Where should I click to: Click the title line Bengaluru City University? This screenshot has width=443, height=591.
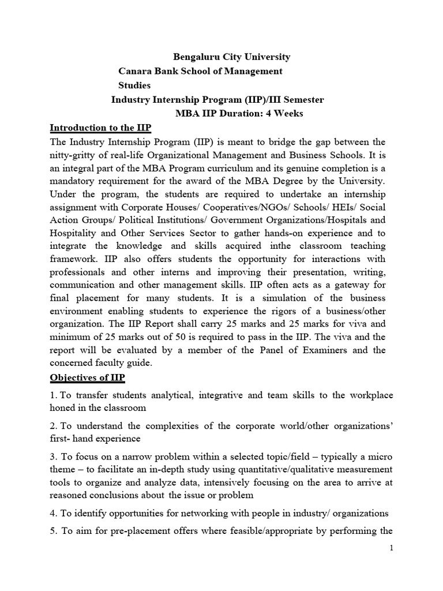(x=232, y=57)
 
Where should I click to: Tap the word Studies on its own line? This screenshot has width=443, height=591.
(x=134, y=85)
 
